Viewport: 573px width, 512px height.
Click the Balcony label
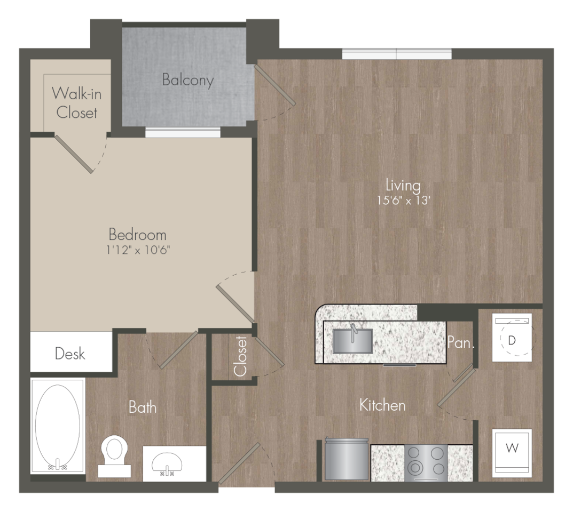(x=188, y=80)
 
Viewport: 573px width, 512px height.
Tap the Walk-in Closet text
(x=77, y=103)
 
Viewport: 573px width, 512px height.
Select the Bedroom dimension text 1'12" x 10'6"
(x=138, y=250)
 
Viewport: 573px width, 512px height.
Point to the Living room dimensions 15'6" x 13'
(x=403, y=201)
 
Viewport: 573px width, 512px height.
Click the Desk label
(x=70, y=354)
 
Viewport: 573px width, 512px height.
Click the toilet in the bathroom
(x=114, y=457)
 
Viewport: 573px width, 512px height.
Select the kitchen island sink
(x=352, y=340)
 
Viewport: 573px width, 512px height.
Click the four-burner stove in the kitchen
(x=426, y=463)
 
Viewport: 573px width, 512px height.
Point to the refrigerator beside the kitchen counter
(x=346, y=459)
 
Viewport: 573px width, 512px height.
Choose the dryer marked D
(x=512, y=337)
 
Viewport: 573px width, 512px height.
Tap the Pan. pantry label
(x=460, y=342)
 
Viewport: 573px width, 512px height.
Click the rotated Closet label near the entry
(x=240, y=356)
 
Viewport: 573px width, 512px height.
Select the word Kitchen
(x=382, y=405)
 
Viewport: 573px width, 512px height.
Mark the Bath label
(x=143, y=407)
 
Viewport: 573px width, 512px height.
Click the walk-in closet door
(x=74, y=154)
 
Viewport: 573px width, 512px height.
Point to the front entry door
(x=239, y=464)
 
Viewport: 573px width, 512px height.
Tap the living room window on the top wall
(x=397, y=54)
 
